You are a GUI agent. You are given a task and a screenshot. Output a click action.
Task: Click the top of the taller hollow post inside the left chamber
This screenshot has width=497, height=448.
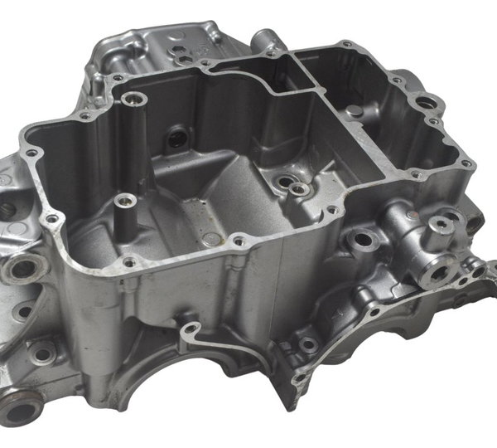coord(134,99)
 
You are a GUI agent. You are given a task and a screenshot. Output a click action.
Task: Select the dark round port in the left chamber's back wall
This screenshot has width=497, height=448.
coord(176,137)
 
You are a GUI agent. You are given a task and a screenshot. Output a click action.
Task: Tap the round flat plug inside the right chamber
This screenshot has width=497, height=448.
coord(355,110)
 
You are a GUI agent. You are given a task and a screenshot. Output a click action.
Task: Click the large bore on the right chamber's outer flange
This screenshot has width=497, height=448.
coord(427,103)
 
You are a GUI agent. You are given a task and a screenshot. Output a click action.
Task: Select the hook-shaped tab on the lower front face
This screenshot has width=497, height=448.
coord(191,333)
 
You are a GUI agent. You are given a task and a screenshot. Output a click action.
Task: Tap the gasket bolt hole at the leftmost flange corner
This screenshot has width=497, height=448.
coord(31,154)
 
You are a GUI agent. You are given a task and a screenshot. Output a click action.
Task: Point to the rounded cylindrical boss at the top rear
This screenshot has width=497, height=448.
coord(264,39)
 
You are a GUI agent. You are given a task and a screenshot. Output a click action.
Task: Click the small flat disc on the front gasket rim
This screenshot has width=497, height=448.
coord(211,239)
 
